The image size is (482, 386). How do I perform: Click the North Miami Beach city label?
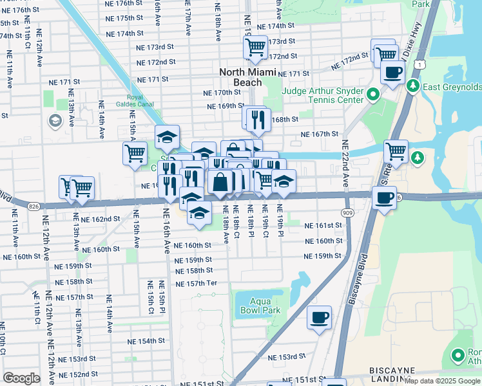pos(249,77)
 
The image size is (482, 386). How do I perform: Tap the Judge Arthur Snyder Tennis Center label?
pos(323,95)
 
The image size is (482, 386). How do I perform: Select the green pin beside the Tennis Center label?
pos(372,96)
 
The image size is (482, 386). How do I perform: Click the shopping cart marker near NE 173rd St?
pos(255,47)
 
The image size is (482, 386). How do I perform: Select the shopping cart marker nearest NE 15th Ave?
pos(135,153)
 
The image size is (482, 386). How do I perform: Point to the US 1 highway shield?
pos(419,64)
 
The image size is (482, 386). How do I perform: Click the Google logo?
pos(21,378)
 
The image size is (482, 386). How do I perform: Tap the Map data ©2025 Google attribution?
pos(441,381)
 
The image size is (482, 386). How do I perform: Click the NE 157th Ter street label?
pos(197,283)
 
